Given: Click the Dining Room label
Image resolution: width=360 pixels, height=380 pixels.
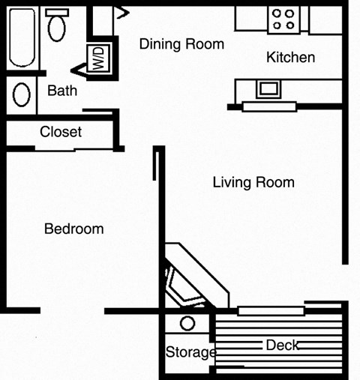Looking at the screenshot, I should coord(181,44).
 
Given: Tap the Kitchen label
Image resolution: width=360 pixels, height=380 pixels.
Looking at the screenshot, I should coord(290,58).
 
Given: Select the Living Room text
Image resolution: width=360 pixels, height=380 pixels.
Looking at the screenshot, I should coord(253,182).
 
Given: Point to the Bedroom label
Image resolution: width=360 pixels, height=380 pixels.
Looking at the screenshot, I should coord(73,229).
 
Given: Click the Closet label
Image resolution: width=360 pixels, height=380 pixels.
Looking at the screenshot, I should coord(61,132).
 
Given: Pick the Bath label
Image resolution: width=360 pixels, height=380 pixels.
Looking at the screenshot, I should coord(62,91).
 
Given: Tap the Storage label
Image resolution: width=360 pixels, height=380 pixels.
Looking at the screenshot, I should coord(190,352).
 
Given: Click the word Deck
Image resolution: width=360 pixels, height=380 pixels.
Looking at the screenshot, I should coord(282,345).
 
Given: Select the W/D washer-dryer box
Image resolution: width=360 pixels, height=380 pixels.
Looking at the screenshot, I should coord(97,58).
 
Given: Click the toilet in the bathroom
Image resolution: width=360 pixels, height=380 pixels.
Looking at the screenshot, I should coord(55,26).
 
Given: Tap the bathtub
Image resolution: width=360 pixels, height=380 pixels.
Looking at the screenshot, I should coord(21,37).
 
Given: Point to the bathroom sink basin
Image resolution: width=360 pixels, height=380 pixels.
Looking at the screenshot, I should coord(22,95).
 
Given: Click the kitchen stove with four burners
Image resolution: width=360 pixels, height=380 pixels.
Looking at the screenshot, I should coord(283,19).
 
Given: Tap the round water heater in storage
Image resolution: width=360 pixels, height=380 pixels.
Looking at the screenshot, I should coord(187,325).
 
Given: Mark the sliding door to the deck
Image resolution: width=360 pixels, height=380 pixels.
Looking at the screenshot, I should coord(271,310).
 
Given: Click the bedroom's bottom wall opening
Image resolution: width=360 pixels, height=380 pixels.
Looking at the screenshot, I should coord(72,310).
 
